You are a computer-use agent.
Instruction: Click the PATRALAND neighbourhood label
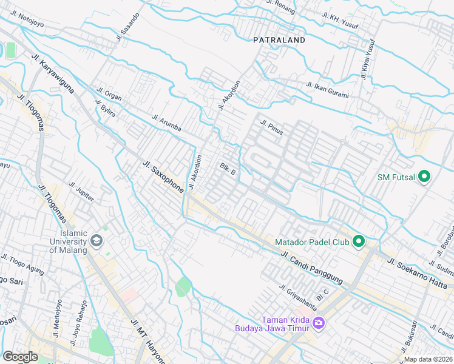click(279, 40)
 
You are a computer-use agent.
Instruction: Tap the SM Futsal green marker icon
click(424, 177)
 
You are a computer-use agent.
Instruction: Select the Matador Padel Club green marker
click(359, 242)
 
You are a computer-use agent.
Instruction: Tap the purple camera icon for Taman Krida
click(318, 324)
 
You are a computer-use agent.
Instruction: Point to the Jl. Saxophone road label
click(163, 177)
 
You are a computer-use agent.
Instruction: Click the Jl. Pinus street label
click(272, 127)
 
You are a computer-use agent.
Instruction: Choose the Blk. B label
click(228, 168)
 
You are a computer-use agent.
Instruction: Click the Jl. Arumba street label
click(166, 123)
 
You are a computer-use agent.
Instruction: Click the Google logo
click(20, 357)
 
